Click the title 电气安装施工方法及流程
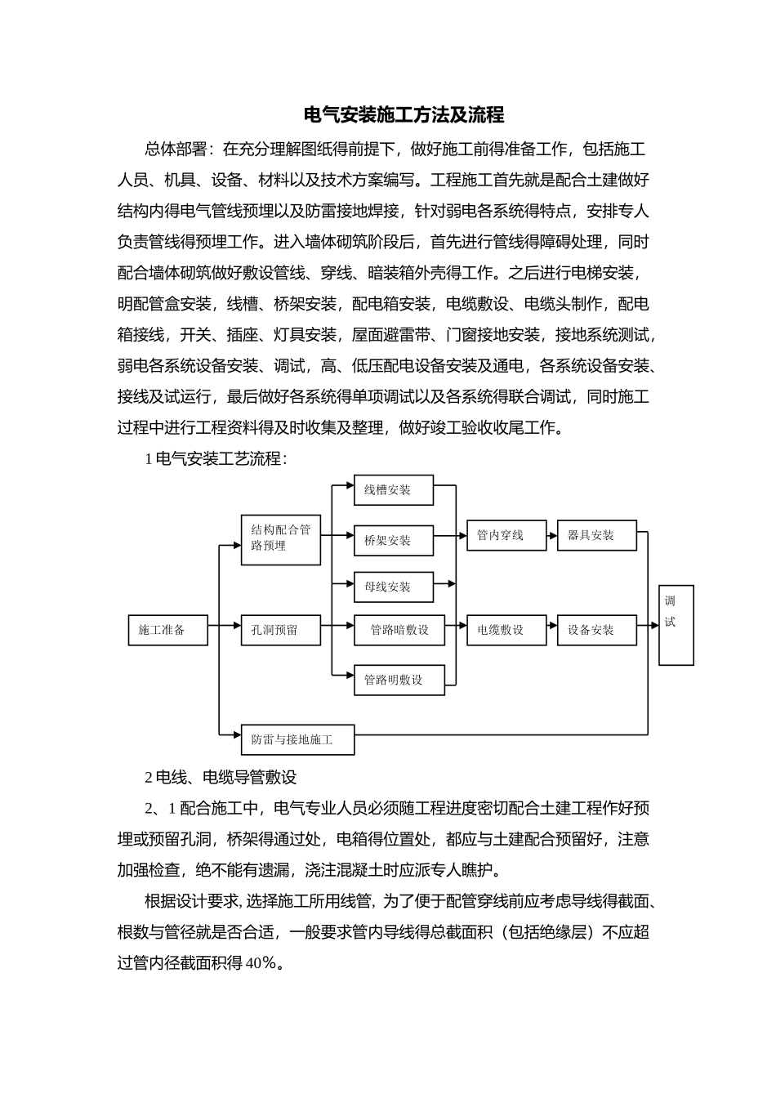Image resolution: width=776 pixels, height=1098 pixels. click(x=404, y=115)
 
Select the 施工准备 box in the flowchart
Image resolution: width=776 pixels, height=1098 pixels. click(x=167, y=630)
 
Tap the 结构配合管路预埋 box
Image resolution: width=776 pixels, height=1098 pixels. click(x=281, y=539)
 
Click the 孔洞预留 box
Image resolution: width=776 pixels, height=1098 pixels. click(x=280, y=630)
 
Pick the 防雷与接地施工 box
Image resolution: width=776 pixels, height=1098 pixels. click(x=297, y=739)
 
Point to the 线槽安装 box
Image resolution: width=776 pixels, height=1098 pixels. click(x=393, y=490)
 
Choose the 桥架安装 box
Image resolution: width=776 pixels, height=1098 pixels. click(x=393, y=540)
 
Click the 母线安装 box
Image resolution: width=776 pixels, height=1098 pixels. click(x=393, y=587)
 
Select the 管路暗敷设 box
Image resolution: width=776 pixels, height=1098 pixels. click(x=399, y=630)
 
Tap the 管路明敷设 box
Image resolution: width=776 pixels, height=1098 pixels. click(x=399, y=680)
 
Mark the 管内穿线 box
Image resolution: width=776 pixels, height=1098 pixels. click(x=506, y=535)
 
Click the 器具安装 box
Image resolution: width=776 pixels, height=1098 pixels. click(x=596, y=535)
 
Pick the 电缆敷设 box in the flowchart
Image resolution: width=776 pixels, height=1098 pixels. click(x=506, y=630)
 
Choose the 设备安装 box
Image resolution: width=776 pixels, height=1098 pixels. click(x=596, y=630)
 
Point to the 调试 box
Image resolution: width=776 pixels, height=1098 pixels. click(x=676, y=625)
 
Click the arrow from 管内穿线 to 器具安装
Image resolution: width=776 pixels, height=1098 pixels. click(x=552, y=535)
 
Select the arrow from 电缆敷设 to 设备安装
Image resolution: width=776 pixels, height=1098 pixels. click(x=552, y=630)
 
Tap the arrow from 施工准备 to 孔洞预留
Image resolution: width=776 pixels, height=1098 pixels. click(x=225, y=627)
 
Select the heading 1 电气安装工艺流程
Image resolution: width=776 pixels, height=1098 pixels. click(x=216, y=458)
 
